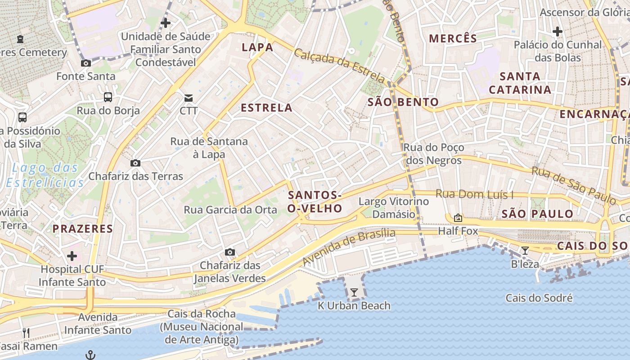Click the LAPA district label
click(x=257, y=47)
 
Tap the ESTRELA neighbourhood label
click(x=266, y=108)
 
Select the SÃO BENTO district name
click(x=403, y=102)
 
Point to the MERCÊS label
click(x=453, y=39)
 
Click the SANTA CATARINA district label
click(x=520, y=83)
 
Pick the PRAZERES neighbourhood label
click(x=83, y=229)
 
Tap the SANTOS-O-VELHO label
click(x=315, y=202)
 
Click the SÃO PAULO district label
click(x=537, y=214)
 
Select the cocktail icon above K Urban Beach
click(x=354, y=292)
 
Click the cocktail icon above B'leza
click(x=525, y=251)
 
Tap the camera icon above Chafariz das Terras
click(x=135, y=163)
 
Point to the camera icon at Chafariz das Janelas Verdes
click(x=230, y=252)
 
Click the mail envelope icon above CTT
click(x=188, y=98)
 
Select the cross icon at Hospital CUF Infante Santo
click(x=72, y=256)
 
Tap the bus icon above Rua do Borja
click(x=108, y=97)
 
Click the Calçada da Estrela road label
click(x=340, y=66)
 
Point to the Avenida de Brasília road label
click(x=349, y=247)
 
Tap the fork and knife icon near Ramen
click(x=26, y=333)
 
